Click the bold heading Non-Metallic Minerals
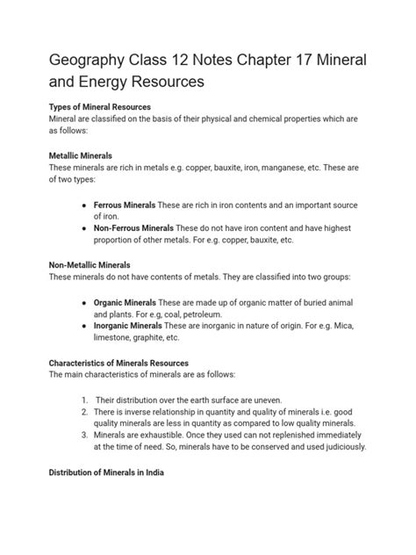[x=90, y=264]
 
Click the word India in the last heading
[x=166, y=473]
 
